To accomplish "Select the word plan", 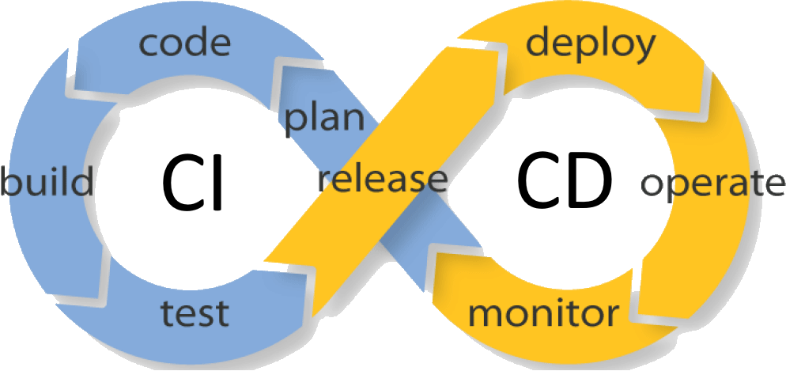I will pyautogui.click(x=324, y=119).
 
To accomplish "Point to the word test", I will pyautogui.click(x=195, y=312).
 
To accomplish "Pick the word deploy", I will pyautogui.click(x=591, y=45).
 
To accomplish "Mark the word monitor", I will pyautogui.click(x=542, y=314).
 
